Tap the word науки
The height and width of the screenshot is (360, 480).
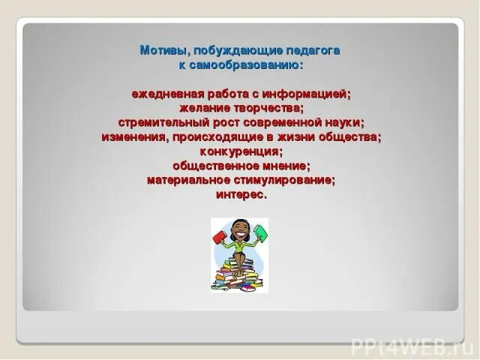point(340,123)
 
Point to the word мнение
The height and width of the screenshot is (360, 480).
point(283,166)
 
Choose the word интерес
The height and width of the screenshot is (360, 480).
point(241,194)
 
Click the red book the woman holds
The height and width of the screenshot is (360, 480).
point(219,237)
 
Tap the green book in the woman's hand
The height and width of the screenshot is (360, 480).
point(260,232)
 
